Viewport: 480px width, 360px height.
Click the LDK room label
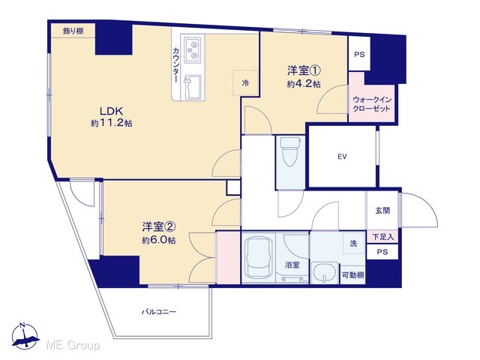click(112, 110)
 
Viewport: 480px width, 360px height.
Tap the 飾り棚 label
click(73, 31)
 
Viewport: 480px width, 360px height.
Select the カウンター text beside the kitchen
click(176, 64)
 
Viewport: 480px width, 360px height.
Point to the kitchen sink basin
click(193, 87)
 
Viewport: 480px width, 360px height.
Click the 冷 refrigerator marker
click(245, 82)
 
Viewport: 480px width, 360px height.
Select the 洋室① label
click(303, 70)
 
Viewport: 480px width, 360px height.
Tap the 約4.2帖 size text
click(304, 84)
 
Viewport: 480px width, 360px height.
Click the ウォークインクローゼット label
click(372, 104)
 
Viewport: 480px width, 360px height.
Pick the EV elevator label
click(342, 157)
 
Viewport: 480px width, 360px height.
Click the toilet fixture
click(290, 151)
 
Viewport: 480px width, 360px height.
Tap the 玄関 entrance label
click(382, 211)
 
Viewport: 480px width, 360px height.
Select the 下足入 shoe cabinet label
click(382, 237)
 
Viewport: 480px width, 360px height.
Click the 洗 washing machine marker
click(353, 244)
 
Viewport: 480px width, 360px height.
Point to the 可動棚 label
click(353, 275)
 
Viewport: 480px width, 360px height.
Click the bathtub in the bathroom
click(259, 258)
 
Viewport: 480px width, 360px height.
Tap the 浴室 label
click(292, 265)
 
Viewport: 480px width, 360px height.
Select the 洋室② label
click(158, 226)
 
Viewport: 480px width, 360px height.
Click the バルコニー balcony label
click(159, 312)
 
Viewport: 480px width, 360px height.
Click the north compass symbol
click(25, 336)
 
